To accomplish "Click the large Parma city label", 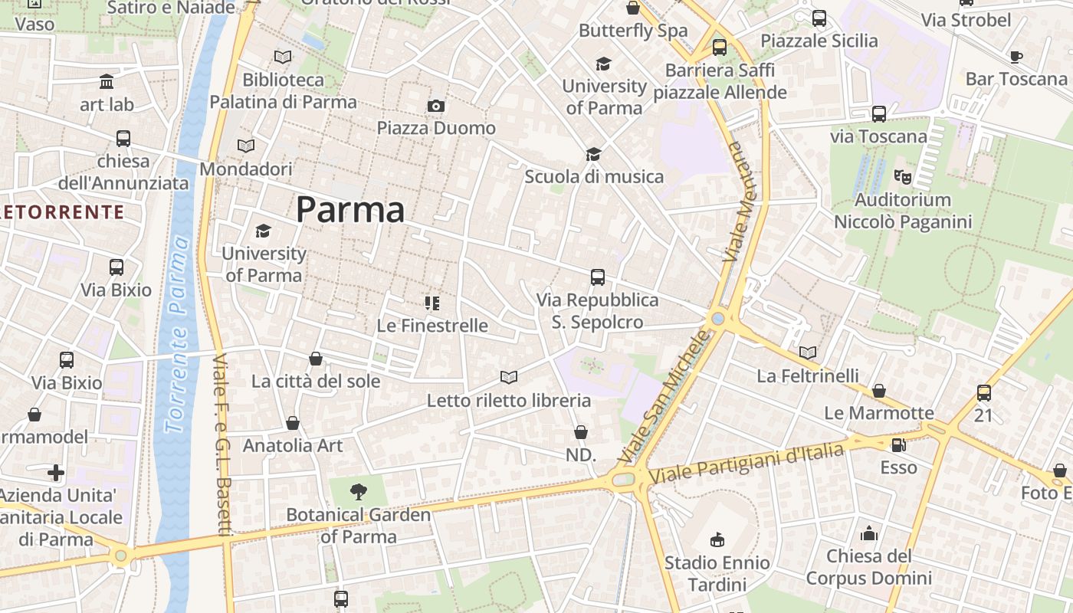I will pos(350,209).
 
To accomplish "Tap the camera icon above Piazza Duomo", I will pos(436,106).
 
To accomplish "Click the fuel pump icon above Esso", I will pos(898,444).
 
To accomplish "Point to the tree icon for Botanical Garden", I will pos(358,492).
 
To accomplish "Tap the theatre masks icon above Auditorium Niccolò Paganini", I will pos(903,177).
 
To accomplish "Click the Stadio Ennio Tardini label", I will pos(717,574).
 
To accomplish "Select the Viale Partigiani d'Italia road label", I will pos(747,463).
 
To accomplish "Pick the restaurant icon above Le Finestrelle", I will pos(432,303).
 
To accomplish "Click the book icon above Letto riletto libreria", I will pos(508,377).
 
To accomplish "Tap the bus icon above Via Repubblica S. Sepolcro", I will pos(598,277).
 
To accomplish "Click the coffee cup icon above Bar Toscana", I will pos(1016,57).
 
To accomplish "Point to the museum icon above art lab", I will pos(107,82).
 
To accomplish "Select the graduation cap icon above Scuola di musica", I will pos(593,154).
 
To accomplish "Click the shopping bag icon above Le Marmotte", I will pos(879,391).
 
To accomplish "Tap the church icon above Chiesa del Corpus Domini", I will pos(869,533).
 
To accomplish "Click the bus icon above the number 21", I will pos(984,393).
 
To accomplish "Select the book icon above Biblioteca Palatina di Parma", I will pos(283,57).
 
